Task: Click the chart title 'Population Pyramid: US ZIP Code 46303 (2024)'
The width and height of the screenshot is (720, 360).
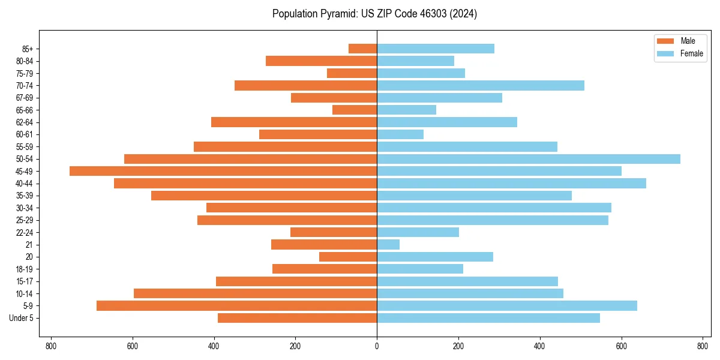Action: pyautogui.click(x=374, y=14)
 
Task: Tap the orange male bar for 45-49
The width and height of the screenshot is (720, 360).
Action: pyautogui.click(x=223, y=171)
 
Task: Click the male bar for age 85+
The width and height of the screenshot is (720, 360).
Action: pyautogui.click(x=362, y=49)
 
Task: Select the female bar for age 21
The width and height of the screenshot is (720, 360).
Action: pyautogui.click(x=388, y=244)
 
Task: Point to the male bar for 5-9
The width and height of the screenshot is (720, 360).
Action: pyautogui.click(x=236, y=305)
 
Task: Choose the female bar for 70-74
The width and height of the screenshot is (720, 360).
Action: pyautogui.click(x=481, y=85)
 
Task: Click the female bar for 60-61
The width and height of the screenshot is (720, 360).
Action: pyautogui.click(x=400, y=134)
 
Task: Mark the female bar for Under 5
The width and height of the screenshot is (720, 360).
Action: pyautogui.click(x=488, y=318)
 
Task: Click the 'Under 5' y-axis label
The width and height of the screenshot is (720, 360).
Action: pyautogui.click(x=21, y=318)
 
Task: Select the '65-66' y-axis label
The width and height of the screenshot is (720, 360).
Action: pyautogui.click(x=25, y=110)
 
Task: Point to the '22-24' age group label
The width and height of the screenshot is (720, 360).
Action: pyautogui.click(x=25, y=232)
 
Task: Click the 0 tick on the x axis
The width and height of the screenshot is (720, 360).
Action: pyautogui.click(x=377, y=346)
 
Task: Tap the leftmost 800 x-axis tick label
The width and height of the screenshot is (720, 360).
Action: pyautogui.click(x=51, y=346)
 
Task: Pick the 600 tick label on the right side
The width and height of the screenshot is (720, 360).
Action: pyautogui.click(x=621, y=346)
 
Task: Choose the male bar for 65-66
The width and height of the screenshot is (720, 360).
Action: pyautogui.click(x=355, y=110)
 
